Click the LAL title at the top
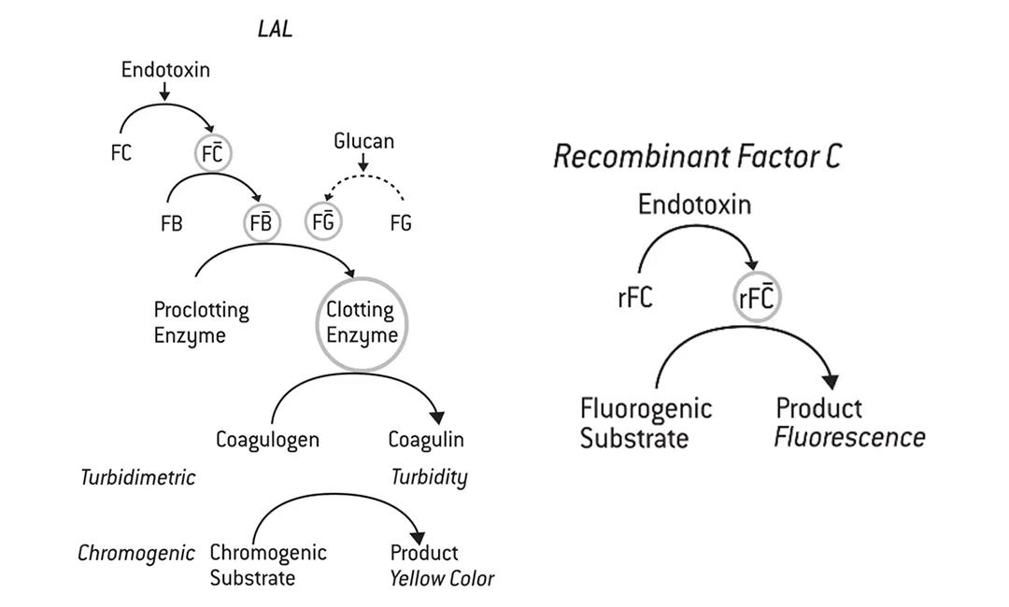pos(275,29)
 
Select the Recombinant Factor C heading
pos(697,156)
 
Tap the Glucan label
pos(363,141)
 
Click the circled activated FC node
pos(213,153)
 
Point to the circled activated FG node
pos(323,222)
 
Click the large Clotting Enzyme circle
pos(362,322)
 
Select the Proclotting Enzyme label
pos(201,322)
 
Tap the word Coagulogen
pos(267,439)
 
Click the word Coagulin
pos(426,439)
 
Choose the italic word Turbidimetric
pos(137,477)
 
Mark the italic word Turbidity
pos(429,477)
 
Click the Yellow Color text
pos(442,578)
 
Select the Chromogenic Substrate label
pos(267,565)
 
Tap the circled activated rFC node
pos(757,298)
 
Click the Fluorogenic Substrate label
pos(646,422)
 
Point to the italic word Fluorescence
pos(849,437)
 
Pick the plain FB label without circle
pos(171,224)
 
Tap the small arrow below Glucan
pos(363,162)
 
